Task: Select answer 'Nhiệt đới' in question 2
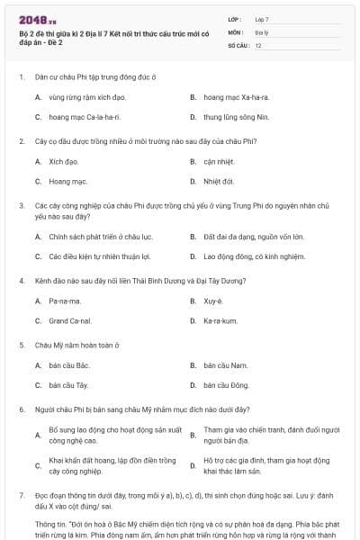(x=219, y=181)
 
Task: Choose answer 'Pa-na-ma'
(x=65, y=301)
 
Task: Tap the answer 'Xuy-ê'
(x=213, y=301)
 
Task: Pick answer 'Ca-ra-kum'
(x=220, y=320)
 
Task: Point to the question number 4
(x=21, y=280)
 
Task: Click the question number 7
(x=21, y=495)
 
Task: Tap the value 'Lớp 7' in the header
(x=262, y=19)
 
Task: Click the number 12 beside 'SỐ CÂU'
(x=258, y=44)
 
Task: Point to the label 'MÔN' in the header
(x=236, y=31)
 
